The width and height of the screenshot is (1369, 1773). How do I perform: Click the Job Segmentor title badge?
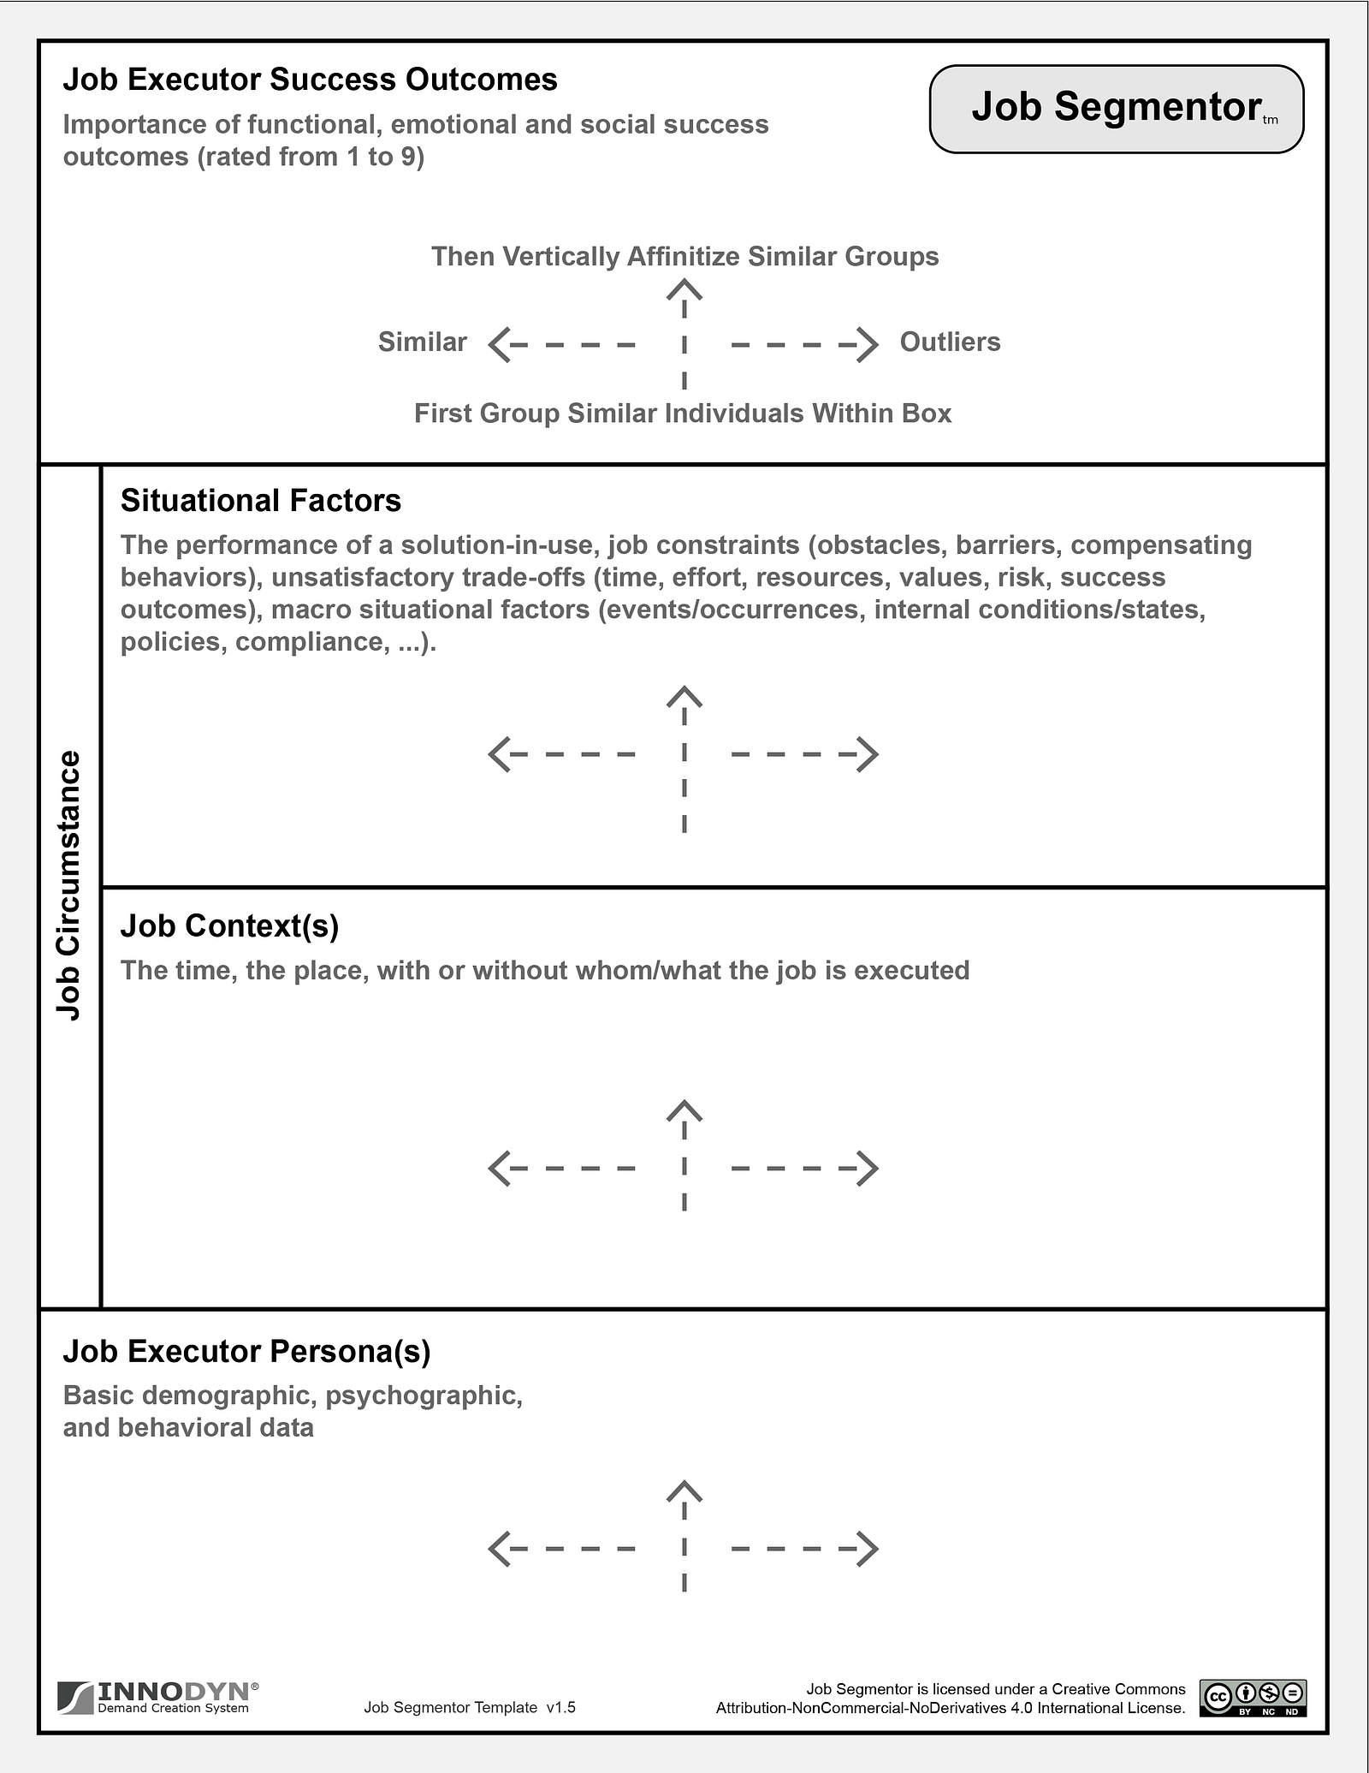pyautogui.click(x=1116, y=109)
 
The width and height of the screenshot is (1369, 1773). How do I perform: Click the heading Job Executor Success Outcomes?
pyautogui.click(x=310, y=80)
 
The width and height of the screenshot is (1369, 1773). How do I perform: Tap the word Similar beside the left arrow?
pyautogui.click(x=422, y=342)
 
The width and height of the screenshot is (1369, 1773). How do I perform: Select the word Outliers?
pyautogui.click(x=950, y=342)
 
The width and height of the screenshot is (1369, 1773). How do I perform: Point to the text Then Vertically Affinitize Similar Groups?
pyautogui.click(x=684, y=257)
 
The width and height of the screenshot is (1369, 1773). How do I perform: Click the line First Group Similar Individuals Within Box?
pyautogui.click(x=683, y=414)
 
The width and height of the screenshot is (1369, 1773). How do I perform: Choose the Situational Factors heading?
pyautogui.click(x=260, y=501)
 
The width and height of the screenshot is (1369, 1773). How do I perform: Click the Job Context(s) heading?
pyautogui.click(x=229, y=925)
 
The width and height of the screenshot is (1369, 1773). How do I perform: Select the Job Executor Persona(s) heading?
pyautogui.click(x=246, y=1351)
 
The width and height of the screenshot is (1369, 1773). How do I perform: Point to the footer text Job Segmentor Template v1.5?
pyautogui.click(x=470, y=1707)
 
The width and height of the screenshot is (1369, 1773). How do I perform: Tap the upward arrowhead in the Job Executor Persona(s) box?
pyautogui.click(x=684, y=1491)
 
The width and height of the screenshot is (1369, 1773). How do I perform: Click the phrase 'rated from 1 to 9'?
pyautogui.click(x=311, y=158)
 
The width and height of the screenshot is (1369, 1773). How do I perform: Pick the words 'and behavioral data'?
pyautogui.click(x=188, y=1428)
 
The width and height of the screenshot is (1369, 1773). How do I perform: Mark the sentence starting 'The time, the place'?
pyautogui.click(x=545, y=970)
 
